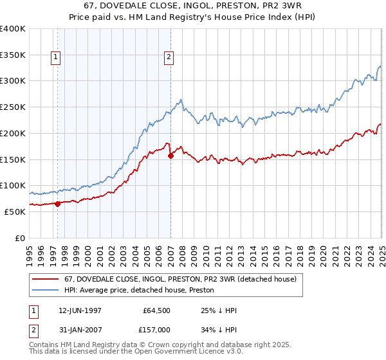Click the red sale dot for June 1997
[x=57, y=204]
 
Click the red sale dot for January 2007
[x=170, y=156]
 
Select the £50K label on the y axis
[x=15, y=212]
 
